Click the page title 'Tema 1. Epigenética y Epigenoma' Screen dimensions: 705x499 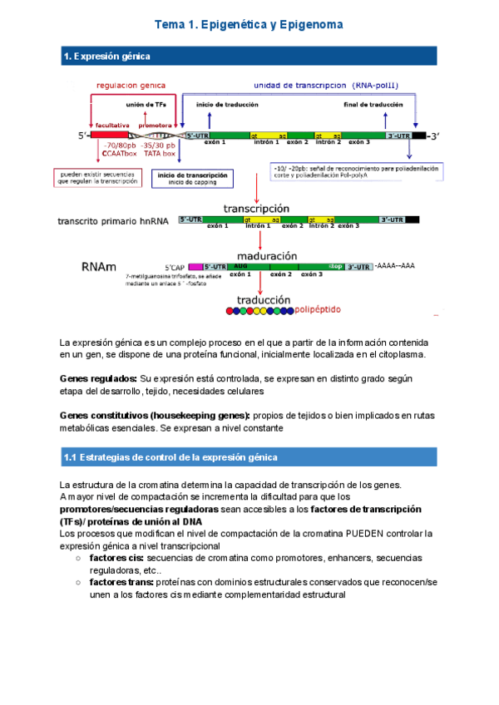[249, 26]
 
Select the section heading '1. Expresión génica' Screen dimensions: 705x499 [107, 57]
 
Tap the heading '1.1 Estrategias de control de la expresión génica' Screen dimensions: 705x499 [170, 458]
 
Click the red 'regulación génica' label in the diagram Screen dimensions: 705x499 [131, 85]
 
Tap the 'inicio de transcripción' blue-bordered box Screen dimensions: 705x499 [193, 179]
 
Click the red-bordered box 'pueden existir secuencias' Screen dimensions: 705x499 [98, 178]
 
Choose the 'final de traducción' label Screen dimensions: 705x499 [375, 106]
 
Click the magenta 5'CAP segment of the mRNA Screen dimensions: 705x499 [196, 266]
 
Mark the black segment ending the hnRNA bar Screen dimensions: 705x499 [413, 219]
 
